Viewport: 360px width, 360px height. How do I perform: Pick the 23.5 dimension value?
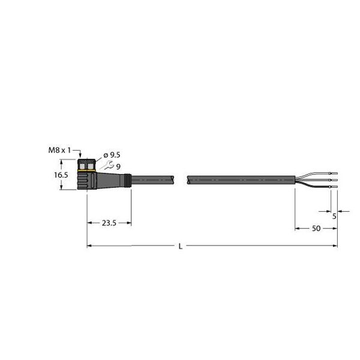(109, 223)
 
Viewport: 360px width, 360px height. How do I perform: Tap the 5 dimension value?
(334, 217)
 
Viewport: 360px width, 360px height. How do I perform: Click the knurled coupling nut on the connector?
(86, 164)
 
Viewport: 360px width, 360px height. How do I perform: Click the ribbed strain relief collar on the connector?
(127, 179)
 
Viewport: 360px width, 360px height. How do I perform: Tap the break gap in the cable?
(182, 179)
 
